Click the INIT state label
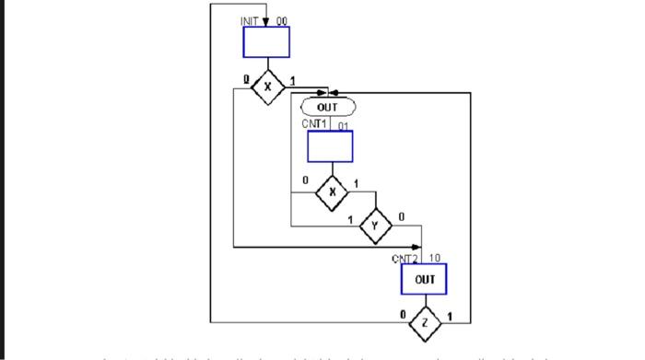[252, 20]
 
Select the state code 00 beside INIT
[280, 20]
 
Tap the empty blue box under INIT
[266, 42]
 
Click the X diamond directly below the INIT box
[268, 87]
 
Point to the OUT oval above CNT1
[327, 108]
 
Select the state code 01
[343, 124]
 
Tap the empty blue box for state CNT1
[330, 145]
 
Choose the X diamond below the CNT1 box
[331, 192]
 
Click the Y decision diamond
[375, 226]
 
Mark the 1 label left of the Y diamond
[350, 217]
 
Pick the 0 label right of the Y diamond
[401, 216]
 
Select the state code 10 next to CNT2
[436, 258]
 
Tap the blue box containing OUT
[424, 278]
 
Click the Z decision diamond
[425, 322]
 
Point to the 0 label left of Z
[402, 315]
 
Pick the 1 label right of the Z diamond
[449, 315]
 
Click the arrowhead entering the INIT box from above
[266, 22]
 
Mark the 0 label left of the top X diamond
[246, 79]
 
